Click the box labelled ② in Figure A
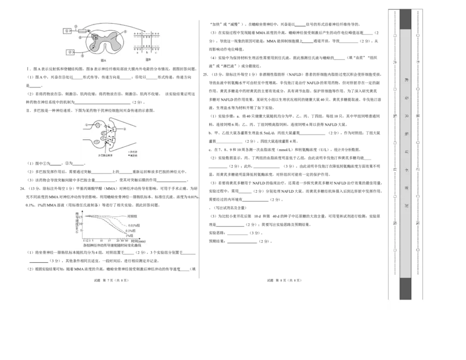click(70, 52)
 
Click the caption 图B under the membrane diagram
click(148, 59)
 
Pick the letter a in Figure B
click(137, 52)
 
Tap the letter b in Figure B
click(147, 52)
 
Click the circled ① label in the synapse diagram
click(86, 125)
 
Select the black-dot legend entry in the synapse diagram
click(133, 156)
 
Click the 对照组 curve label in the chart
click(132, 216)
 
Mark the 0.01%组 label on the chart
click(133, 225)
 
